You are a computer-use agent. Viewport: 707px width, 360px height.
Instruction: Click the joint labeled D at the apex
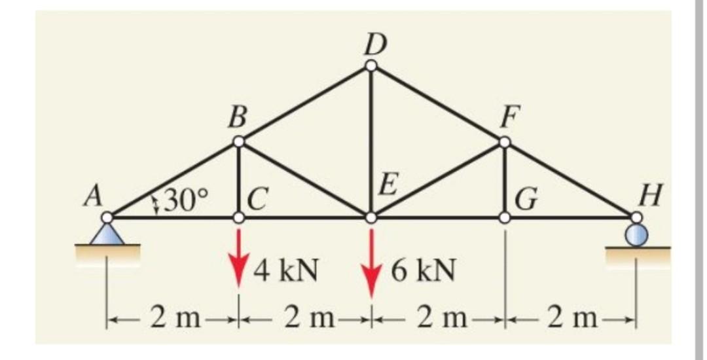pos(371,65)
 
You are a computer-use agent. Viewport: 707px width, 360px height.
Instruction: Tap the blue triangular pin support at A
pos(107,234)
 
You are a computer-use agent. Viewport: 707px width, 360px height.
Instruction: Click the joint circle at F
pos(504,141)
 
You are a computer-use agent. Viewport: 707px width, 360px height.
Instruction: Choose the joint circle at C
pos(240,217)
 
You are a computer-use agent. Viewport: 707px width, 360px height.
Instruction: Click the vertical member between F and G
pos(504,179)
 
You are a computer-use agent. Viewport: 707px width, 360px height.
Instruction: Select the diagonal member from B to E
pos(305,179)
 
